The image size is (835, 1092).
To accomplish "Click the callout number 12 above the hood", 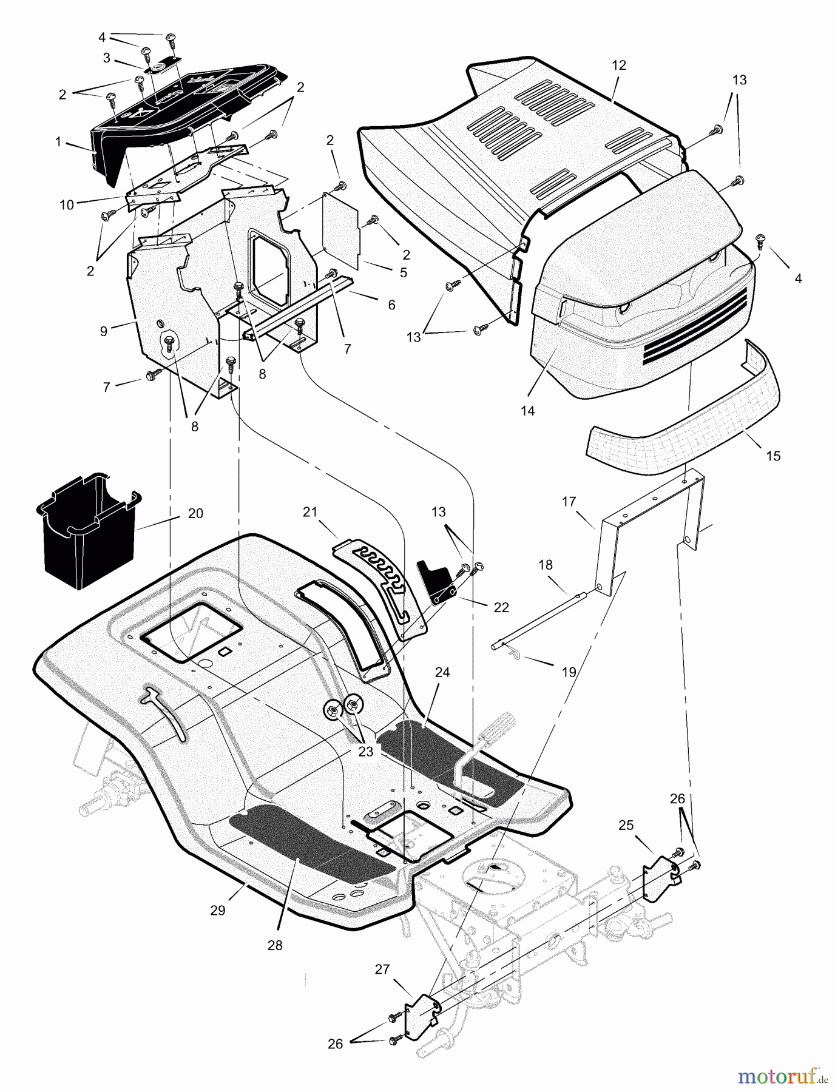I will (x=619, y=66).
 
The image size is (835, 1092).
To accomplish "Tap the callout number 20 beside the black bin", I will (x=195, y=513).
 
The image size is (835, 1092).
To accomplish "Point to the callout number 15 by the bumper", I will (x=773, y=455).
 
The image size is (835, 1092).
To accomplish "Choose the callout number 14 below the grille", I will (x=527, y=410).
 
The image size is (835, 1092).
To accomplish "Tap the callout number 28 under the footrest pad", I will (x=275, y=945).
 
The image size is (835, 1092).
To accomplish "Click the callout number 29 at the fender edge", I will (x=218, y=910).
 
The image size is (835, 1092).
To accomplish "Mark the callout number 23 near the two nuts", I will (x=365, y=752).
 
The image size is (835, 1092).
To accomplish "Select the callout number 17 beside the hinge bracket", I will (x=569, y=502).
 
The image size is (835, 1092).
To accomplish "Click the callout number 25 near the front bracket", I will (x=626, y=825).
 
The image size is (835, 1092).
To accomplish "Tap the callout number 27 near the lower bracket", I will (x=382, y=969).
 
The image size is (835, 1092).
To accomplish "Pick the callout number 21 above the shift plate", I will (x=310, y=513).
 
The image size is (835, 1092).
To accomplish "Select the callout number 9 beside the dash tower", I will (x=104, y=331).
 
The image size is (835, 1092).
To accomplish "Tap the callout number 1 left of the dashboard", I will (x=58, y=142).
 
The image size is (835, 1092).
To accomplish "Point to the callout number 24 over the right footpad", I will (x=442, y=672).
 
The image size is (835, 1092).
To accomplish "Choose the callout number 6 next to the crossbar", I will (x=391, y=305).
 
